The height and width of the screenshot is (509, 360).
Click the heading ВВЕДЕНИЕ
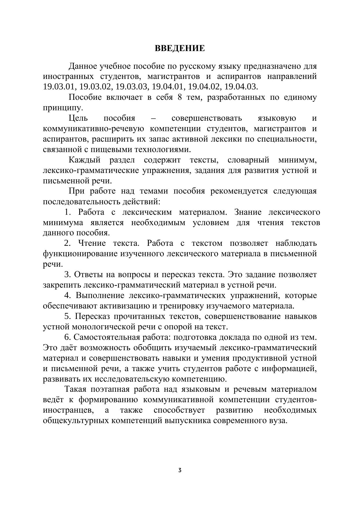(x=180, y=48)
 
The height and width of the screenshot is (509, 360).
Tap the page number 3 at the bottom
(x=180, y=470)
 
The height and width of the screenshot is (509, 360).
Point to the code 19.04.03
(x=241, y=87)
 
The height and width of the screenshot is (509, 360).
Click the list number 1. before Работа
(x=68, y=212)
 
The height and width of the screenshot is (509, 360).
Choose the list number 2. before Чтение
(x=68, y=243)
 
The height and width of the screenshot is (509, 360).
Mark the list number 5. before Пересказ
(x=68, y=316)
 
